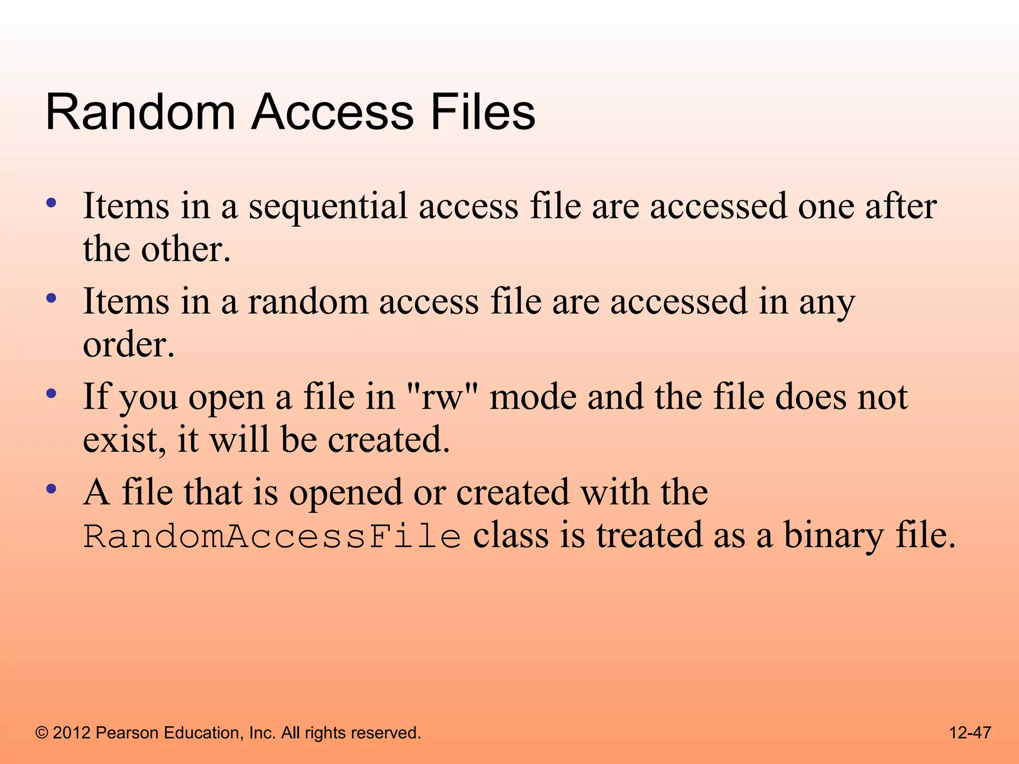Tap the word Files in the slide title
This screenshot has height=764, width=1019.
point(483,113)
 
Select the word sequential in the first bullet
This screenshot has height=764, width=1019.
point(328,206)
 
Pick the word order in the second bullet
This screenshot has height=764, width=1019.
point(128,345)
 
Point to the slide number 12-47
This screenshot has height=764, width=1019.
point(970,733)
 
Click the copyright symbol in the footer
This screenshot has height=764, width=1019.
point(42,733)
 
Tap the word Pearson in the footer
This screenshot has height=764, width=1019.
point(127,733)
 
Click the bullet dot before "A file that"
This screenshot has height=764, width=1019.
point(51,489)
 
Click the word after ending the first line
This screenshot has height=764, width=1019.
point(901,206)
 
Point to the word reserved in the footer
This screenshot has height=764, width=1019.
point(386,733)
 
